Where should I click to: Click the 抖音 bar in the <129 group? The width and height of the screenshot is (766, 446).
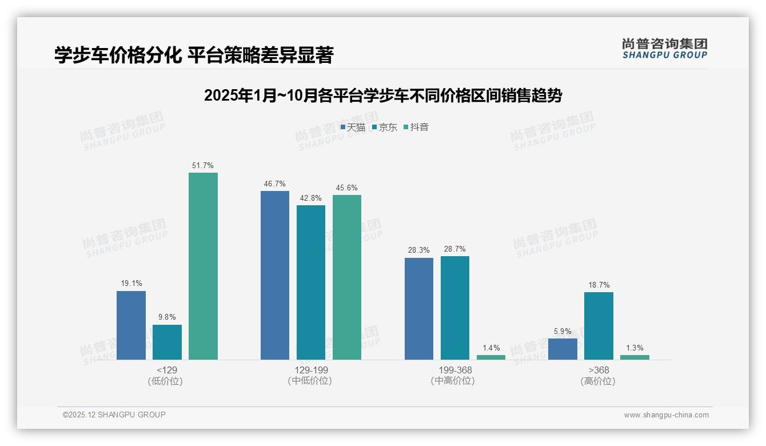tap(203, 266)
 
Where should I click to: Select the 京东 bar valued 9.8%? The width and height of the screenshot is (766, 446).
tap(167, 342)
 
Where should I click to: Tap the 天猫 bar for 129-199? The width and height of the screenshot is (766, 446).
tap(275, 275)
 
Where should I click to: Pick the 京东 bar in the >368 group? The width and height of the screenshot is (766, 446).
tap(599, 326)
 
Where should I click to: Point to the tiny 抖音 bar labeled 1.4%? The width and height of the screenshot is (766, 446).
tap(491, 357)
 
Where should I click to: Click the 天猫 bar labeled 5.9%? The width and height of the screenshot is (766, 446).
tap(562, 349)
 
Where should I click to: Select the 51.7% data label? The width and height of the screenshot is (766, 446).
tap(203, 166)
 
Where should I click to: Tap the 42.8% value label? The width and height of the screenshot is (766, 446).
tap(311, 198)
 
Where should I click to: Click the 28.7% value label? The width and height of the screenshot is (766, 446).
tap(454, 249)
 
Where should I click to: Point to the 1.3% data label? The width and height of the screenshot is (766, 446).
tap(635, 348)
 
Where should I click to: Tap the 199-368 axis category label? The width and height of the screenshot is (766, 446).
tap(454, 370)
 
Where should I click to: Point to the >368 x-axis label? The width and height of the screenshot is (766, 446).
tap(599, 370)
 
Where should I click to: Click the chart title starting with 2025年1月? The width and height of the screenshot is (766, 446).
tap(383, 95)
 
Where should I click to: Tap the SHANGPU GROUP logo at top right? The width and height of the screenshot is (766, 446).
tap(664, 49)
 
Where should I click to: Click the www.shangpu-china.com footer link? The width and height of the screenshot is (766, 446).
tap(666, 415)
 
